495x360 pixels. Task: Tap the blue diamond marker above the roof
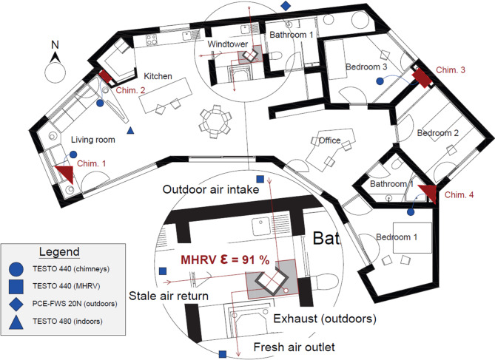[286, 5]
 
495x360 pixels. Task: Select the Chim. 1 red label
[92, 163]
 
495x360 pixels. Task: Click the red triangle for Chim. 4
[428, 194]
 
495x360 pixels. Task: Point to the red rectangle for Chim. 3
[422, 78]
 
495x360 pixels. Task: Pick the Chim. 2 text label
[131, 90]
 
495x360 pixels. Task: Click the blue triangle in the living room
[130, 130]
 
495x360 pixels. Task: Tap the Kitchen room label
[158, 76]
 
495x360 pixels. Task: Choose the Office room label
[329, 140]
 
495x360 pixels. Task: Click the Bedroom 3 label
[366, 67]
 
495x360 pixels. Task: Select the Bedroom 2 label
[438, 133]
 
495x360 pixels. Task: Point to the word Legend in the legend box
[59, 252]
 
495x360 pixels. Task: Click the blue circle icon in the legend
[16, 269]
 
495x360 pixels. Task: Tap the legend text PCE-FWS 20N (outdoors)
[75, 304]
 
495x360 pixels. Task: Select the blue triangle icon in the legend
[16, 322]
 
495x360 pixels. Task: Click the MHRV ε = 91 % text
[225, 259]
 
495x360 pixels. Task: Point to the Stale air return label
[169, 296]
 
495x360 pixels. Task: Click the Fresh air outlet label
[294, 347]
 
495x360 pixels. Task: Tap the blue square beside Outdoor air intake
[260, 179]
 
